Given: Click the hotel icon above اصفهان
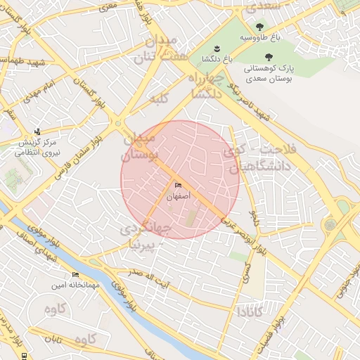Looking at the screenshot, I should tap(176, 186).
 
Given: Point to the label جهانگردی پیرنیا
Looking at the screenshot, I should tap(145, 236).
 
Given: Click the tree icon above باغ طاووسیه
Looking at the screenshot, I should tap(260, 25).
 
